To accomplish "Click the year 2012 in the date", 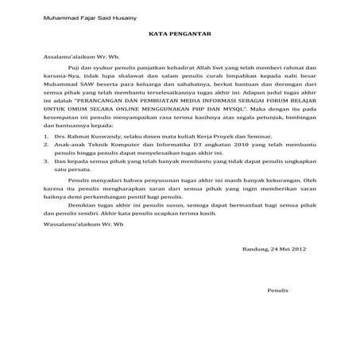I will [299, 249].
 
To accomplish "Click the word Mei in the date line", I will [281, 249].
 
